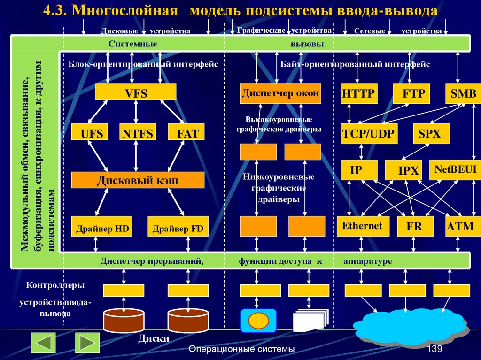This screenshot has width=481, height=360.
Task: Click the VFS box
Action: tap(136, 92)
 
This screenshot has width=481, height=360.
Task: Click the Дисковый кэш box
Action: tap(138, 180)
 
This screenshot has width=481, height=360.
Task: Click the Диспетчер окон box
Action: tap(280, 93)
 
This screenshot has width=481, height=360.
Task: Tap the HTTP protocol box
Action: tap(358, 94)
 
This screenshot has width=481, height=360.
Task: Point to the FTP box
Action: tap(413, 94)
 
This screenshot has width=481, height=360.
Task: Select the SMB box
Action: tap(463, 94)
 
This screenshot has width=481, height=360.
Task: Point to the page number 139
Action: tap(435, 350)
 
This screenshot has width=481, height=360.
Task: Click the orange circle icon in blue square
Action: tap(258, 321)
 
